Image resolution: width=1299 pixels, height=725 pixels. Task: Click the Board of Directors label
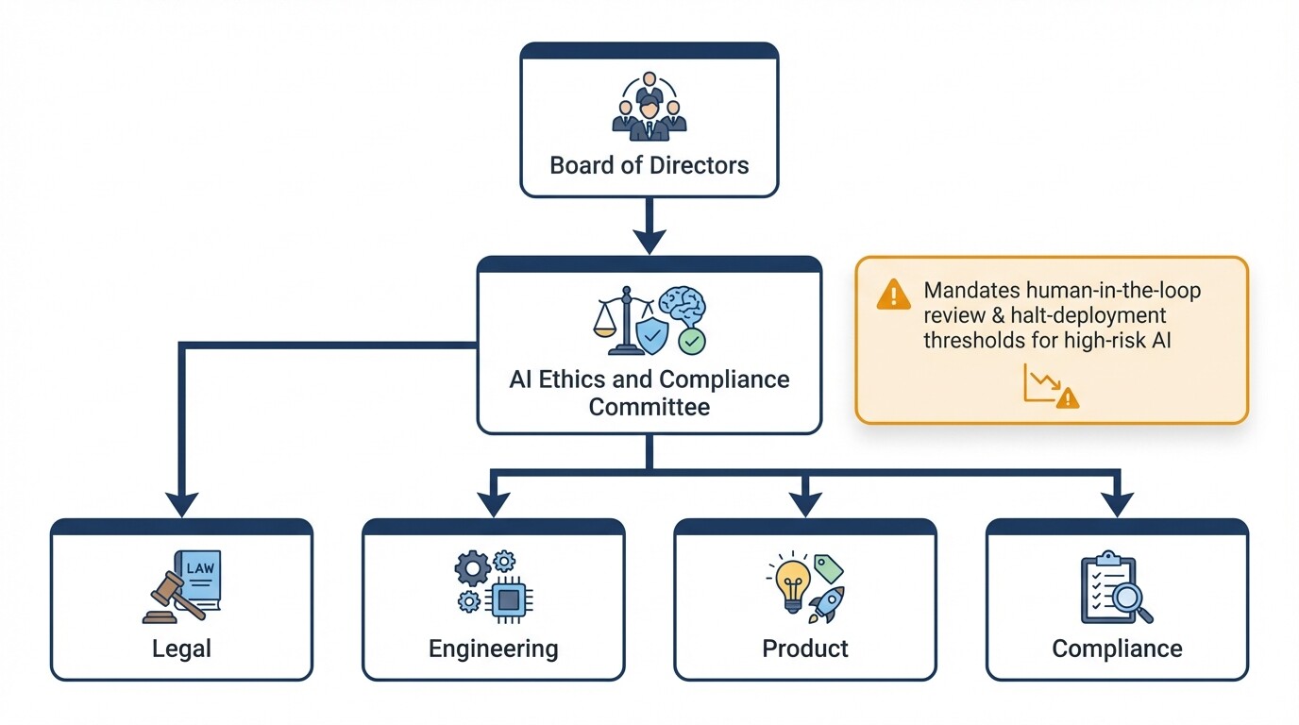(x=649, y=165)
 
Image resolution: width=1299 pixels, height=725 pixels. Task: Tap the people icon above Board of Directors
(x=649, y=107)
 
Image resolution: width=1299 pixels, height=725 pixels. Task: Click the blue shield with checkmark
(x=652, y=334)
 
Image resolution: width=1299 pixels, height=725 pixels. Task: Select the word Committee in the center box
(x=649, y=407)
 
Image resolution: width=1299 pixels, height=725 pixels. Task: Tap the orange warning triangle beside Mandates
(x=893, y=295)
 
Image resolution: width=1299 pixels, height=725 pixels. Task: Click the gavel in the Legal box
(x=170, y=596)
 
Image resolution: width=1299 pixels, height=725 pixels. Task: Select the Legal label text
(x=181, y=649)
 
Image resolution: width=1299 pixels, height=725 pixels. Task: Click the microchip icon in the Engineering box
(x=510, y=599)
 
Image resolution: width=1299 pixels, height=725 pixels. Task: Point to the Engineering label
(x=493, y=649)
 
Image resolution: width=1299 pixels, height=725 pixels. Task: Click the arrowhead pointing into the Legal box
(x=181, y=502)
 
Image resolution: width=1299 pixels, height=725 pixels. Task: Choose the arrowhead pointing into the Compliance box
(x=1117, y=504)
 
